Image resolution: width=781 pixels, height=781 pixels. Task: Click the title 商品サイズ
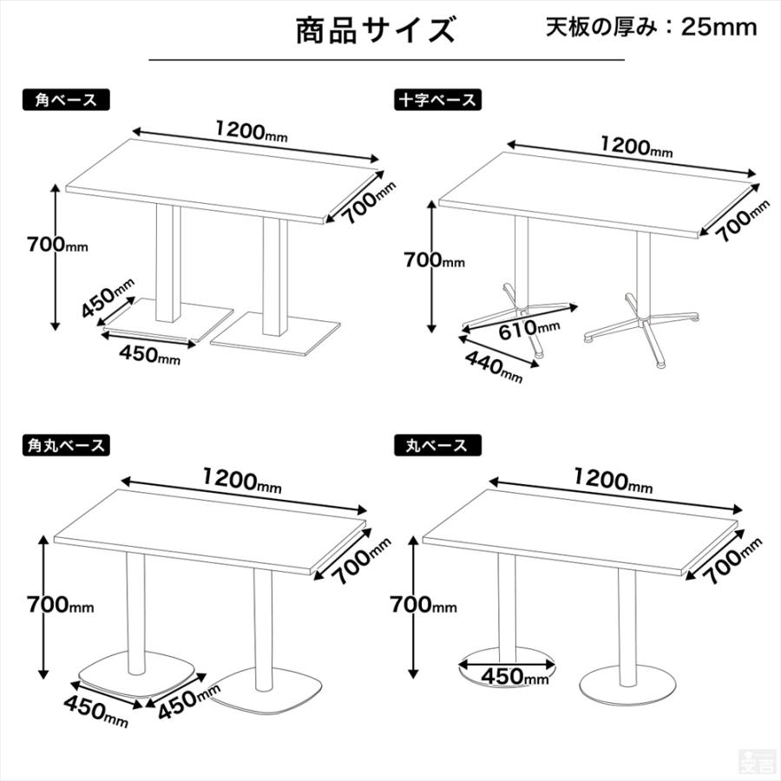click(375, 30)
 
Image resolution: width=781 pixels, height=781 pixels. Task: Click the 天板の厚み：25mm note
click(651, 27)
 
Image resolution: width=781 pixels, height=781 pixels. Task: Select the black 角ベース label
click(65, 100)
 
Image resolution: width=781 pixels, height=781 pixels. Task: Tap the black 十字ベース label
click(436, 100)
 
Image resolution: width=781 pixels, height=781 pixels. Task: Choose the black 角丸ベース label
click(65, 446)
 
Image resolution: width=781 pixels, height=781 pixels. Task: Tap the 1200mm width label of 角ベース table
click(252, 133)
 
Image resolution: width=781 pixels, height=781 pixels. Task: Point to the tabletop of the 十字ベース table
click(599, 191)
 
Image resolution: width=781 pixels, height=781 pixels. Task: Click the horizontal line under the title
click(386, 60)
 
